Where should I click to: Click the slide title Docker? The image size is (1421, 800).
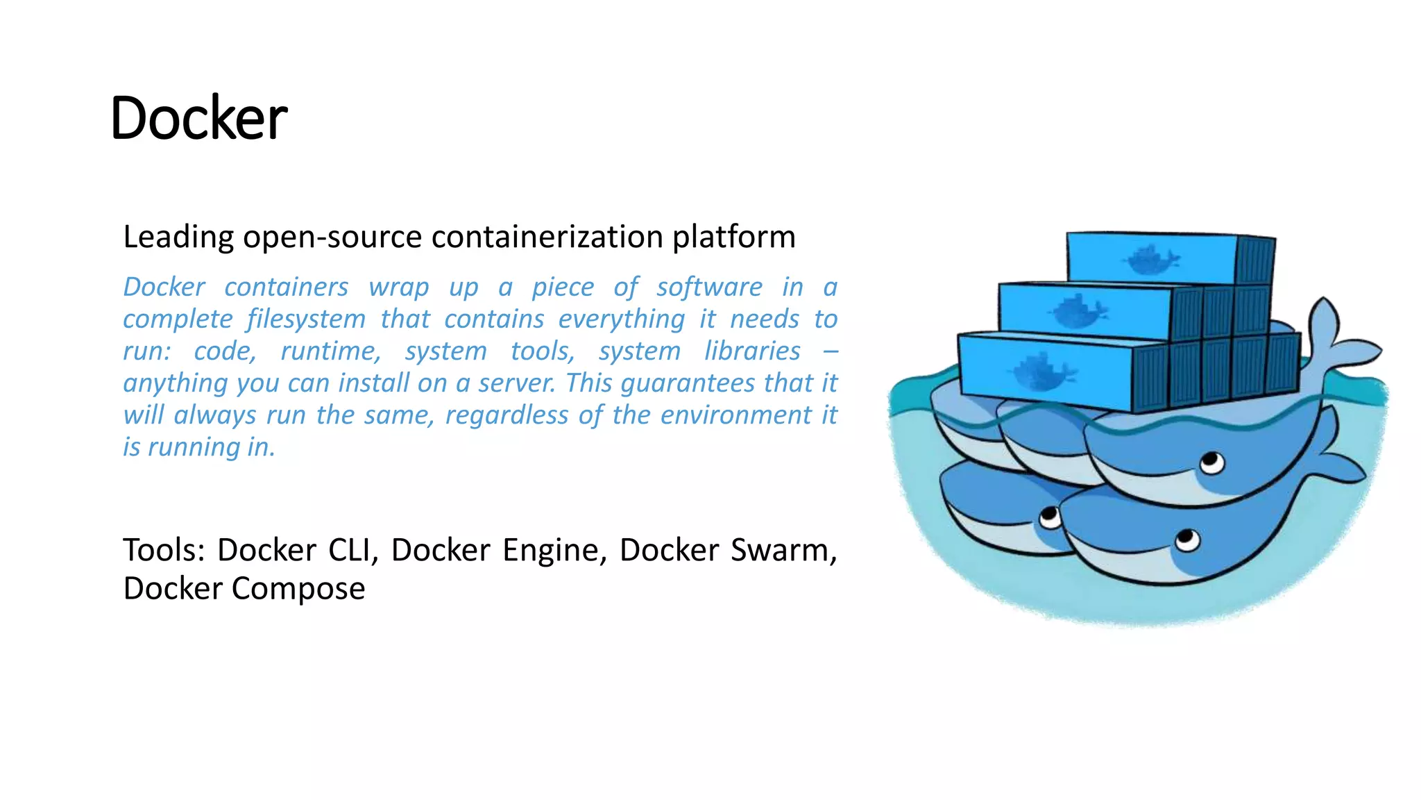[x=198, y=118]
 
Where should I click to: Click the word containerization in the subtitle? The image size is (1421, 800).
[x=547, y=237]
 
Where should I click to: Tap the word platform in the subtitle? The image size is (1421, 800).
[x=734, y=237]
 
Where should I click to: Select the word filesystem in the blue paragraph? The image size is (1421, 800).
[x=306, y=319]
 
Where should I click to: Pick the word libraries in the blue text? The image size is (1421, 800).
[x=753, y=351]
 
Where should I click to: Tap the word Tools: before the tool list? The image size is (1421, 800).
[x=164, y=550]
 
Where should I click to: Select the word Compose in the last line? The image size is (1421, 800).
[x=298, y=589]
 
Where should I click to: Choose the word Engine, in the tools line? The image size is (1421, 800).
[x=555, y=550]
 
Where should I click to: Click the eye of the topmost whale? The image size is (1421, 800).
[x=1212, y=462]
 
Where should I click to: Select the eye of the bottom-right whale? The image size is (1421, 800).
[x=1187, y=539]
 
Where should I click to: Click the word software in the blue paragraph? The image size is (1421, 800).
[x=709, y=287]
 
